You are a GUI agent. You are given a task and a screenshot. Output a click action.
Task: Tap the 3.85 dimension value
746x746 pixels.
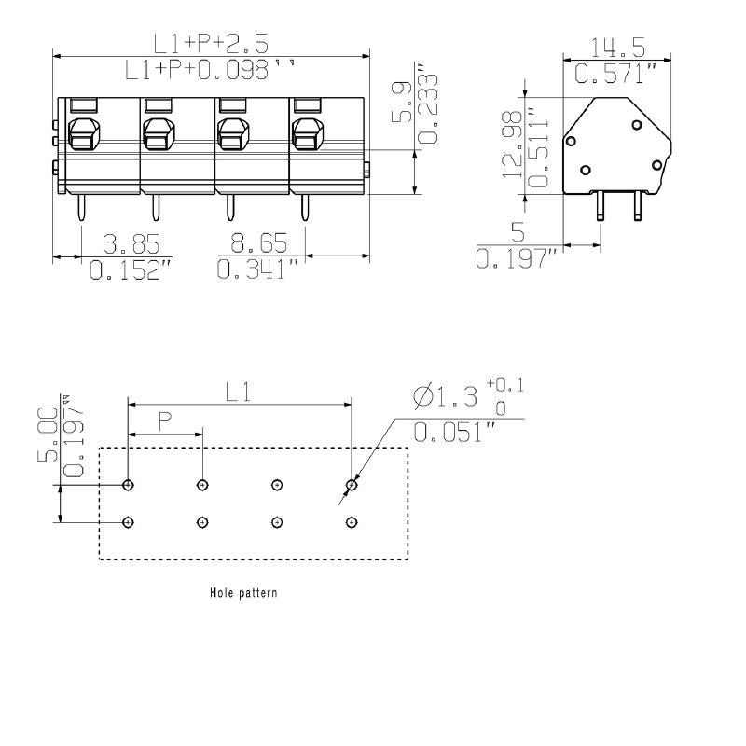click(131, 244)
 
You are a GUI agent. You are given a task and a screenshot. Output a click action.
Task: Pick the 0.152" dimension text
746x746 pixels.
click(131, 270)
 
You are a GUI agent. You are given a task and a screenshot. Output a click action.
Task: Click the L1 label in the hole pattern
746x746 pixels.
click(239, 393)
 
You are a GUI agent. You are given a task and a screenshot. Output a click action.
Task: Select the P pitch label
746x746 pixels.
click(164, 422)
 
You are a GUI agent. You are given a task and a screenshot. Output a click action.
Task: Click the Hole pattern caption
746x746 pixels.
click(242, 592)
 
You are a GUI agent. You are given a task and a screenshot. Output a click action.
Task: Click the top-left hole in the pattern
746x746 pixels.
click(128, 485)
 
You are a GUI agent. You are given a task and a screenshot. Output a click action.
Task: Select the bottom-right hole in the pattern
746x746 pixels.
click(351, 522)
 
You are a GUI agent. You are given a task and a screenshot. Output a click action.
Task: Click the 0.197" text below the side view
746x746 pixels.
click(517, 259)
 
